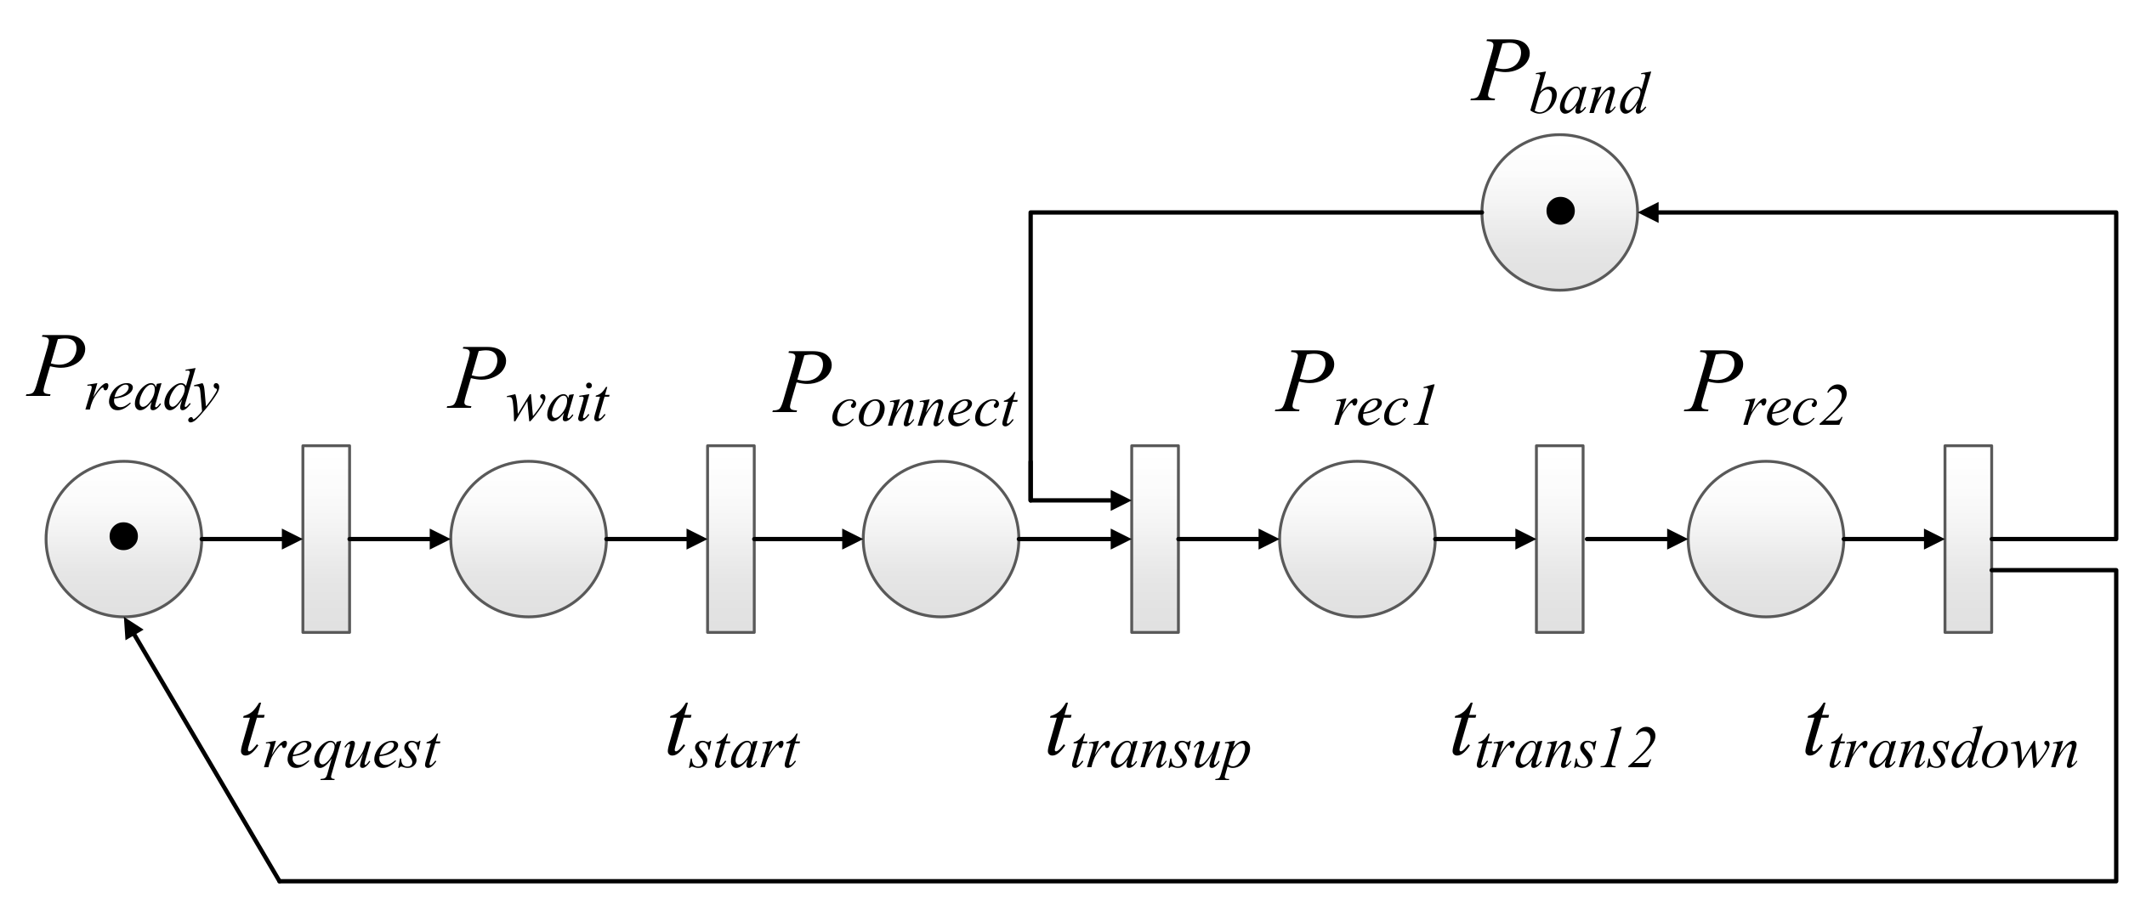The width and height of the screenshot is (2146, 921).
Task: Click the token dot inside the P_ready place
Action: point(123,536)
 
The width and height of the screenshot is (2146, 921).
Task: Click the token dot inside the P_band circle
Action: point(1559,210)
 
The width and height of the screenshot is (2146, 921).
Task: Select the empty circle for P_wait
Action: point(528,539)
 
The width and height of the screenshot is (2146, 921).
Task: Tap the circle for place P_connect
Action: point(940,539)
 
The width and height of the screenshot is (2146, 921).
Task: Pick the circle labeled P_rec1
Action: point(1357,539)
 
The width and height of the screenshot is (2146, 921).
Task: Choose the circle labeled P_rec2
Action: point(1765,539)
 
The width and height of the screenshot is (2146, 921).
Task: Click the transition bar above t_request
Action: point(326,539)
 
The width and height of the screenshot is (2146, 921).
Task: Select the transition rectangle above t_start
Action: point(731,539)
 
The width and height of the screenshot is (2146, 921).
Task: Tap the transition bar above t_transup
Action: point(1155,539)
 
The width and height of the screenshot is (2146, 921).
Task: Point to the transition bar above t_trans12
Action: point(1559,539)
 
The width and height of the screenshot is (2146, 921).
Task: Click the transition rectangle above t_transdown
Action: point(1968,539)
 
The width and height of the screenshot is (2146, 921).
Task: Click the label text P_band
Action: point(1559,81)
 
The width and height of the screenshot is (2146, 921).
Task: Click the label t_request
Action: point(338,739)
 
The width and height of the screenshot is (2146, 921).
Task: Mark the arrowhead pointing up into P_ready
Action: point(132,629)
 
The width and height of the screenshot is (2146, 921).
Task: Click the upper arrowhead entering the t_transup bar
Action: point(1121,499)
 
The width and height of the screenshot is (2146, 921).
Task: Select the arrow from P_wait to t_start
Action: point(655,539)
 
